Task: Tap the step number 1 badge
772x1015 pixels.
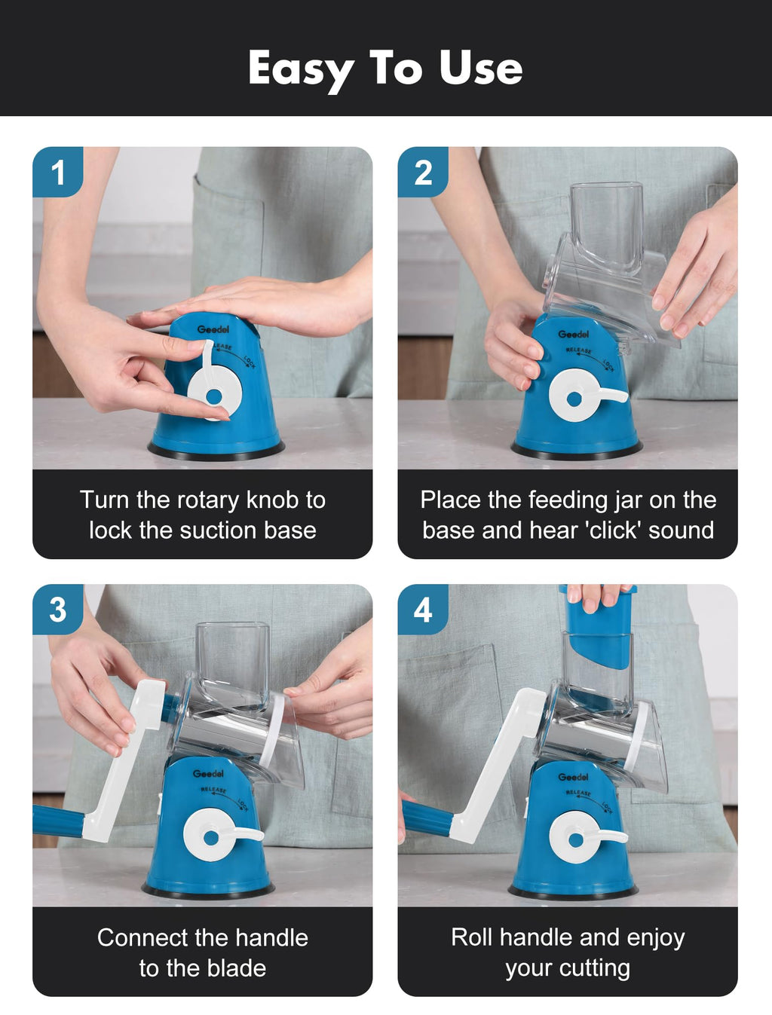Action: (58, 172)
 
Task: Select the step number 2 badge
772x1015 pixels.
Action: (423, 172)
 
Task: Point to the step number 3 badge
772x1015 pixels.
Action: (58, 609)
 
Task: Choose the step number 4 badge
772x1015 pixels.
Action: (423, 609)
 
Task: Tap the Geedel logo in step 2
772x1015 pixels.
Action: (573, 334)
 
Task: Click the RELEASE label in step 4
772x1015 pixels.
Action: (578, 793)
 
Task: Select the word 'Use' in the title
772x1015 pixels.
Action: (480, 68)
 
